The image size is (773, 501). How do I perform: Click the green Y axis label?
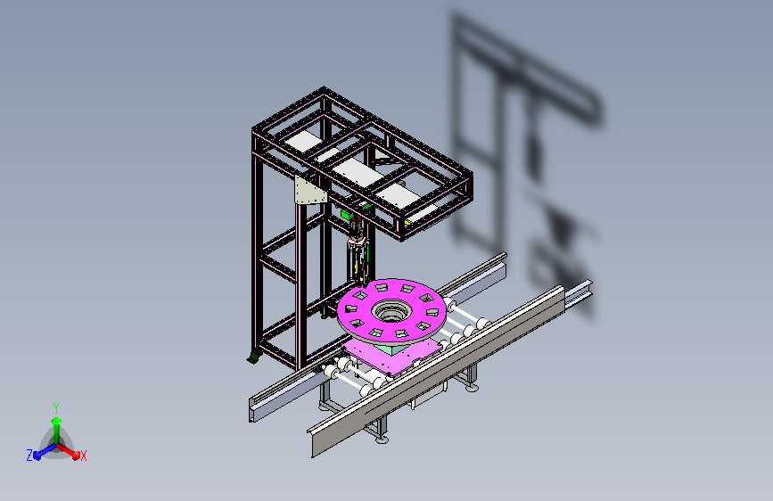point(56,407)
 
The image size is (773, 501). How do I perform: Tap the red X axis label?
point(83,456)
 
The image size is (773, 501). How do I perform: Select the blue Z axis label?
point(29,456)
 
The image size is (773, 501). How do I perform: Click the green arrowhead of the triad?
point(56,421)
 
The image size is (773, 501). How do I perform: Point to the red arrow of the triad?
point(69,451)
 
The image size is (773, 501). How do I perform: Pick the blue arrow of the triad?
point(45,451)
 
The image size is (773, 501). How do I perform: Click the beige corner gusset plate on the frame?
point(309,191)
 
